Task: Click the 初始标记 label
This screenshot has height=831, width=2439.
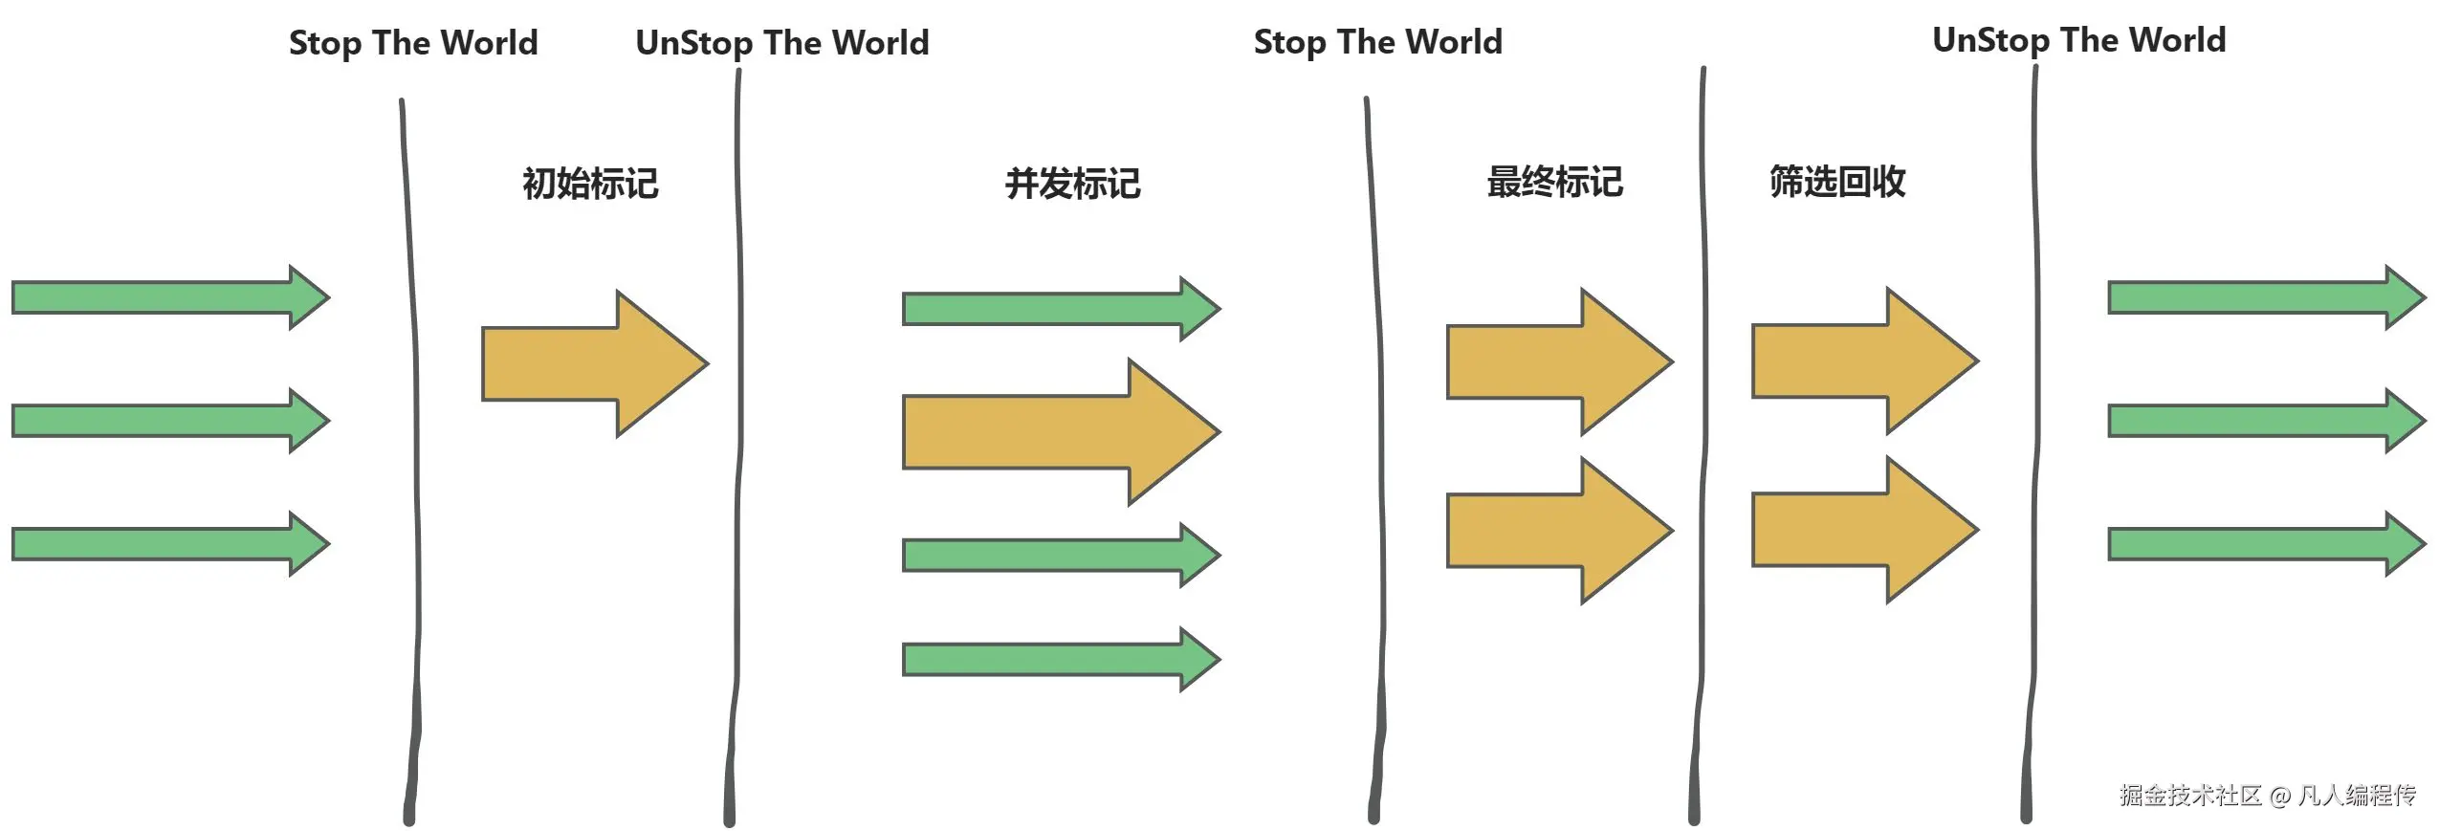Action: (x=589, y=184)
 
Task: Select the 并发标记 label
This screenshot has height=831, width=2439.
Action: (x=1072, y=184)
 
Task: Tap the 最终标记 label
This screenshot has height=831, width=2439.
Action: (x=1554, y=182)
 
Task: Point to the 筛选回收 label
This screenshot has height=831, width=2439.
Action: (x=1836, y=182)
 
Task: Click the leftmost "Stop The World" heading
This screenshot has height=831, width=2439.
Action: (x=413, y=43)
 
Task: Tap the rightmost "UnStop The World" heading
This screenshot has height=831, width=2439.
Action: (x=2078, y=40)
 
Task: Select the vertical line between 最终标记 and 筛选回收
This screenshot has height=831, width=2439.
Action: (x=1702, y=430)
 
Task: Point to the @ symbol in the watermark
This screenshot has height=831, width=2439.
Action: (x=2279, y=796)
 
